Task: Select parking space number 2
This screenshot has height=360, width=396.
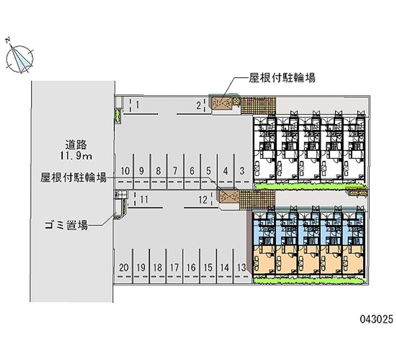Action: pos(198,105)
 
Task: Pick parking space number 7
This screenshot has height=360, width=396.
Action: pos(175,171)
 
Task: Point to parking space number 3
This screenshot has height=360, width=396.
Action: pos(242,171)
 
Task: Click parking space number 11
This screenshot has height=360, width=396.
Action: pos(144,200)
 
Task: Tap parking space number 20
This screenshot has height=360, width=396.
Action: pos(124,267)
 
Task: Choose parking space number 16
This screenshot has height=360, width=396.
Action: pos(191,267)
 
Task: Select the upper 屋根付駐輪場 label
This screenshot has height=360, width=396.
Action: pos(282,78)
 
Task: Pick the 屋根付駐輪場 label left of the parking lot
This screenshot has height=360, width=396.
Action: pos(74,177)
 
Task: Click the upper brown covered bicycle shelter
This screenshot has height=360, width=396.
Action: pos(222,103)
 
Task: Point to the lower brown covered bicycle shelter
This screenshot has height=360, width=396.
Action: pos(229,197)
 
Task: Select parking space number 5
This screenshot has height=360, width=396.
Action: pos(208,171)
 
